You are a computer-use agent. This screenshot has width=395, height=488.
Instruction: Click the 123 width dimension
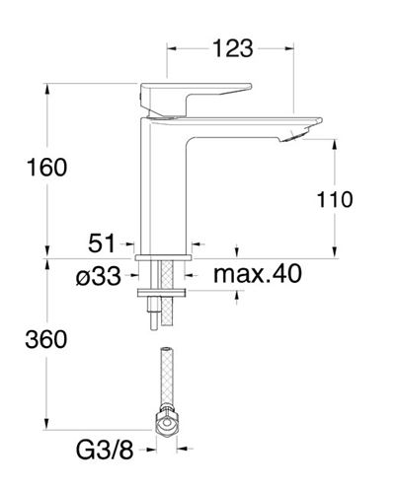tap(233, 48)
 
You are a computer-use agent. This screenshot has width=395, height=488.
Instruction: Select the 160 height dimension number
tap(47, 168)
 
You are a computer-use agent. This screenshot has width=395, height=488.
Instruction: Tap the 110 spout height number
tap(335, 199)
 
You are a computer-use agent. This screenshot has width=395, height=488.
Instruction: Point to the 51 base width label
tap(102, 244)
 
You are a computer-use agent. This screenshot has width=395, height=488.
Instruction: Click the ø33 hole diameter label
tap(99, 276)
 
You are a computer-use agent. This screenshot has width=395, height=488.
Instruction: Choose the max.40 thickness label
tap(258, 273)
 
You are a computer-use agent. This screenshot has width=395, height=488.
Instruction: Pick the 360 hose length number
tap(46, 339)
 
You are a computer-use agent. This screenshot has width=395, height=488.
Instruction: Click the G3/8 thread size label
tap(105, 450)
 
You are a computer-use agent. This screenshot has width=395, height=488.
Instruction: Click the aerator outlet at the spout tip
tap(294, 135)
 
